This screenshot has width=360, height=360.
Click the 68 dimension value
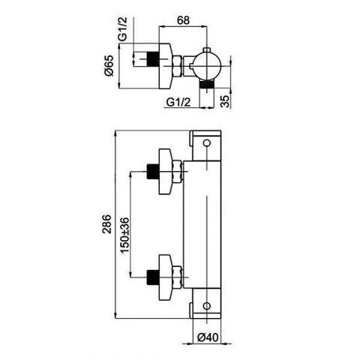pyautogui.click(x=183, y=20)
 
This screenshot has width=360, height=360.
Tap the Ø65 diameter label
pyautogui.click(x=109, y=65)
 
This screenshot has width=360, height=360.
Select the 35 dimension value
pyautogui.click(x=226, y=101)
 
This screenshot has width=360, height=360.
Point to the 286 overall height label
pyautogui.click(x=106, y=223)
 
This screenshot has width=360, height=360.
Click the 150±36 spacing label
pyautogui.click(x=124, y=235)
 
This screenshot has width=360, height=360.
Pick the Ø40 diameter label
pyautogui.click(x=208, y=337)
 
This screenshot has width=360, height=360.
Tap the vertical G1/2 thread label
pyautogui.click(x=122, y=28)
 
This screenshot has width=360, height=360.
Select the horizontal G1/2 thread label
pyautogui.click(x=178, y=102)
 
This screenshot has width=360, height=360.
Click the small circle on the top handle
pyautogui.click(x=206, y=143)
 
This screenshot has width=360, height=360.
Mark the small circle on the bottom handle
pyautogui.click(x=206, y=305)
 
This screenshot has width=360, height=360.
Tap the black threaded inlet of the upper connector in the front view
pyautogui.click(x=153, y=172)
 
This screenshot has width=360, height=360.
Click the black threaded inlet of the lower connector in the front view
pyautogui.click(x=153, y=277)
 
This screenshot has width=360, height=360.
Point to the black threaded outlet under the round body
pyautogui.click(x=207, y=84)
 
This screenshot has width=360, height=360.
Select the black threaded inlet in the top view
pyautogui.click(x=153, y=59)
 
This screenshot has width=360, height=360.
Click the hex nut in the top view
pyautogui.click(x=177, y=66)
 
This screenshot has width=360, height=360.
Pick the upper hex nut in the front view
pyautogui.click(x=177, y=172)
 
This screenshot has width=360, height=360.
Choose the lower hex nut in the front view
pyautogui.click(x=177, y=277)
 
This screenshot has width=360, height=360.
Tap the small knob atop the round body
pyautogui.click(x=206, y=50)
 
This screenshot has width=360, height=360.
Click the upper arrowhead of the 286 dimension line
pyautogui.click(x=115, y=135)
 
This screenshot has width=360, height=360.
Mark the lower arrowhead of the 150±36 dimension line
pyautogui.click(x=130, y=273)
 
